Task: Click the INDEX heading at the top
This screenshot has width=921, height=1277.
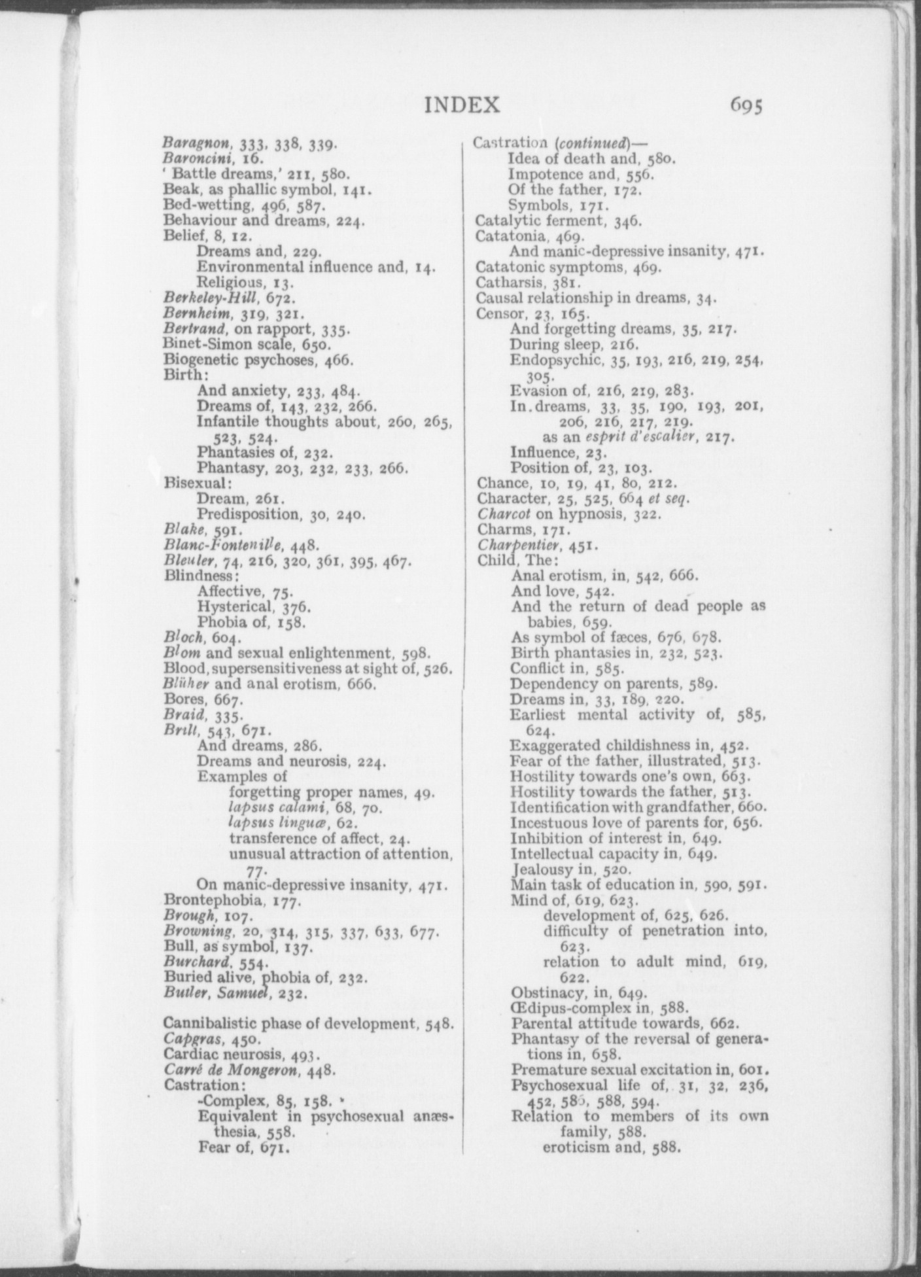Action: point(462,105)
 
